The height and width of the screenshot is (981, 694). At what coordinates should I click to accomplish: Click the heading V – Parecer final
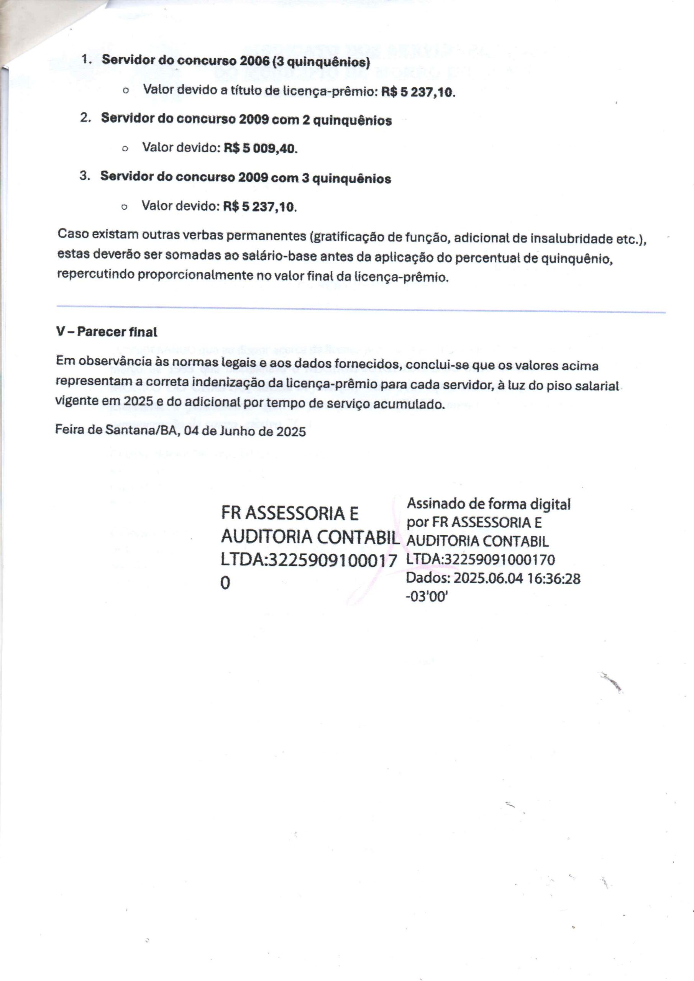pos(107,332)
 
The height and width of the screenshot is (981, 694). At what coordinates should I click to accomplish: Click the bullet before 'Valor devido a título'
pos(125,91)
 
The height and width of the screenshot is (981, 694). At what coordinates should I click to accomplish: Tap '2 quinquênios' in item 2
pos(346,120)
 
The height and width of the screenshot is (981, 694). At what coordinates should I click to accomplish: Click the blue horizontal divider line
pos(361,309)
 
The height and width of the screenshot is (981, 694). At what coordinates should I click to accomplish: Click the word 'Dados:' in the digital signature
pos(428,579)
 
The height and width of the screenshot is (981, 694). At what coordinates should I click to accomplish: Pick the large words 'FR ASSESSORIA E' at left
pos(290,513)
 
